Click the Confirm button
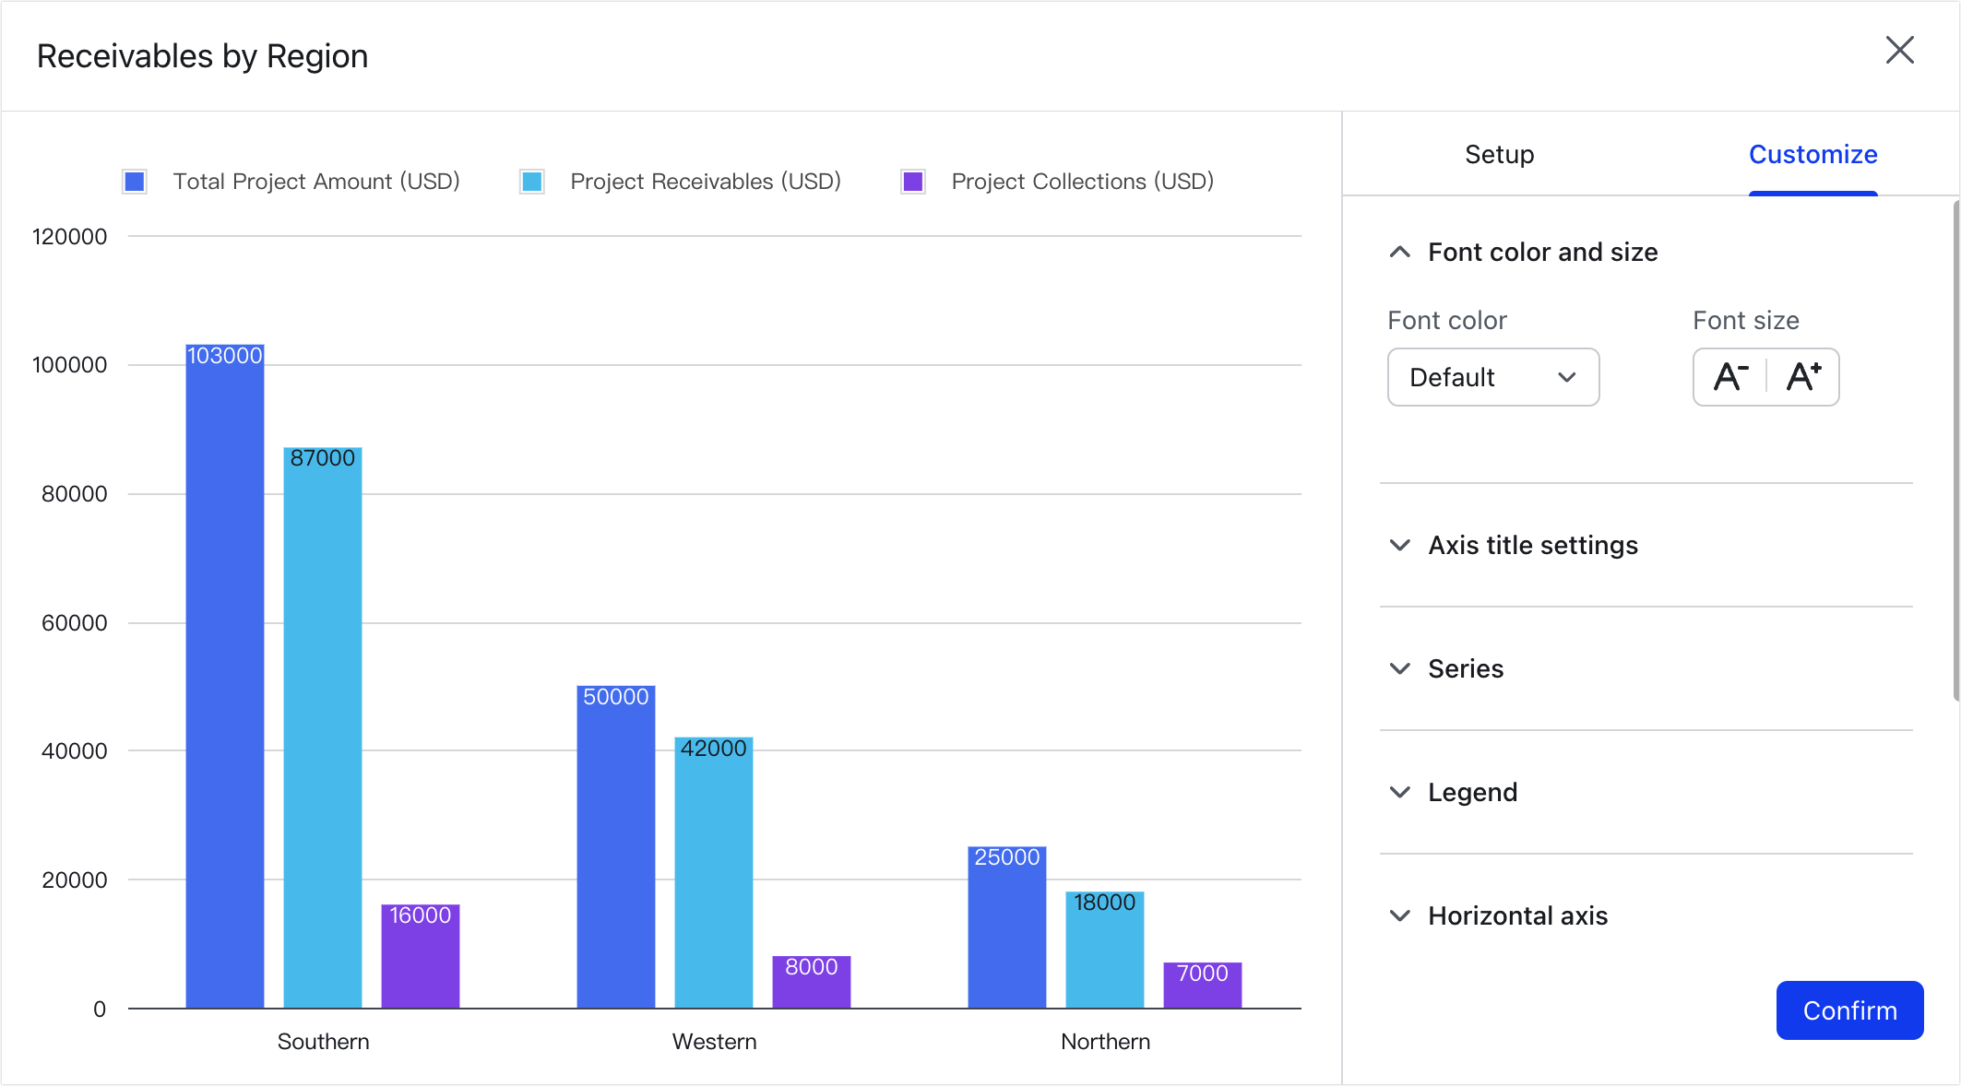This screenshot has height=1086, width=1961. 1848,1010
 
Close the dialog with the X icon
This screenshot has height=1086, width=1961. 1899,51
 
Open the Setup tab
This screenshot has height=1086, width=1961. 1499,154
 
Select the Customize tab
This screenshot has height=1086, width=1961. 1812,154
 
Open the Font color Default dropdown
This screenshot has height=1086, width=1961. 1492,377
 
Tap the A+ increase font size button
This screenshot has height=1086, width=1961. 1802,377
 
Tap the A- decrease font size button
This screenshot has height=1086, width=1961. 1730,377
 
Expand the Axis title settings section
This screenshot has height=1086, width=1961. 1532,545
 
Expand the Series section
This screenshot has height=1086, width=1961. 1465,668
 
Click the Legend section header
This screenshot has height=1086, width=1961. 1471,792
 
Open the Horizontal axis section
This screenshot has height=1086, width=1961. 1516,915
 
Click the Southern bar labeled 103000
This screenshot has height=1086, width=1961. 225,673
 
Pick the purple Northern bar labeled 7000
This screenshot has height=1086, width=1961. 1202,986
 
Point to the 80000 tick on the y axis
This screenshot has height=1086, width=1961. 74,494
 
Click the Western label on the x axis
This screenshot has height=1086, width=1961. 714,1042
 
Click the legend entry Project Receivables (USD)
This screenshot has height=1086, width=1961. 705,182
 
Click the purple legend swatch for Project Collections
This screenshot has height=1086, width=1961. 913,182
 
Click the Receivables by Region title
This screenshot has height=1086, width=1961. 202,56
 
